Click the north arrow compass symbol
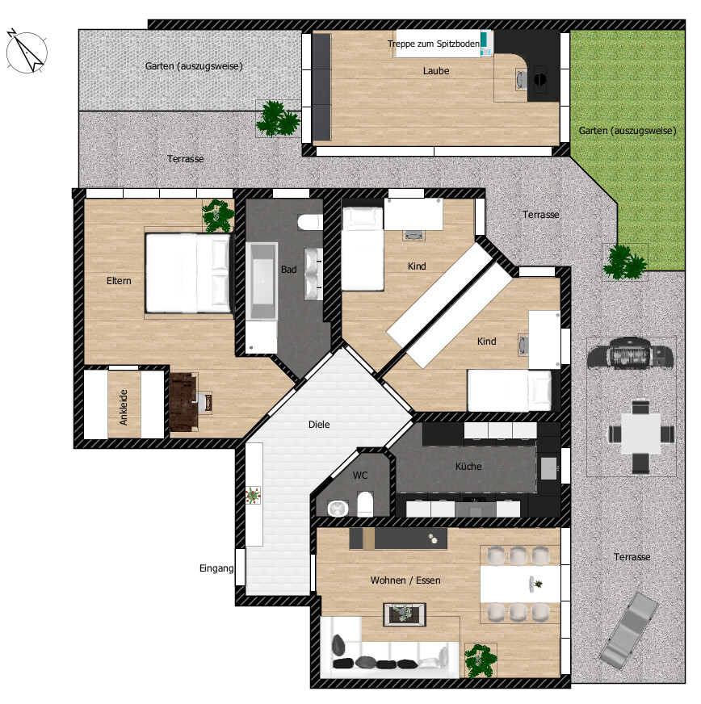25,50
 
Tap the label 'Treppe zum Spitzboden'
433,44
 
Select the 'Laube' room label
436,71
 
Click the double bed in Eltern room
190,273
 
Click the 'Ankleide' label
124,409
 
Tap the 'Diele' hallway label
319,425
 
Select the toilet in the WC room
364,503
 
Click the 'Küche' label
468,467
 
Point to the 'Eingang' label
216,568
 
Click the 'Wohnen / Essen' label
405,580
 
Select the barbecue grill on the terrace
631,354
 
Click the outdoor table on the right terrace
641,434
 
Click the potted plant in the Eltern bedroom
217,215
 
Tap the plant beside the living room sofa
481,660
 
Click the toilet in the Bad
309,223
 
